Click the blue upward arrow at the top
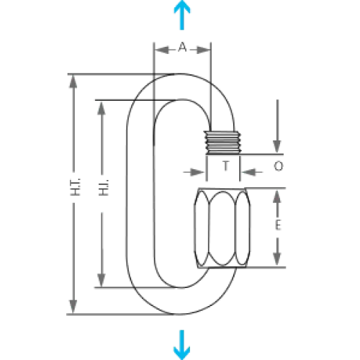(x=182, y=14)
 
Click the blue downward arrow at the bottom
(x=182, y=345)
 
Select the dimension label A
(x=182, y=47)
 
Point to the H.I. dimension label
(x=104, y=187)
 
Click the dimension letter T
(x=225, y=166)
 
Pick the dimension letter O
(x=279, y=166)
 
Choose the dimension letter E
(x=278, y=225)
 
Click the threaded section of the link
(x=222, y=143)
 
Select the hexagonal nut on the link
(x=222, y=228)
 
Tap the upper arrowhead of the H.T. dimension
(x=73, y=81)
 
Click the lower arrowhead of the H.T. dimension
(x=73, y=306)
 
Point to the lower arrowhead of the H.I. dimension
(x=102, y=280)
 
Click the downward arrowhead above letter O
(x=277, y=147)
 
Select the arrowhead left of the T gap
(x=197, y=172)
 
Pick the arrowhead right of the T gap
(x=248, y=172)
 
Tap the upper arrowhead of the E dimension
(x=277, y=197)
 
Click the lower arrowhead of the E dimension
(x=277, y=258)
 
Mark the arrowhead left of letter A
(x=162, y=50)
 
